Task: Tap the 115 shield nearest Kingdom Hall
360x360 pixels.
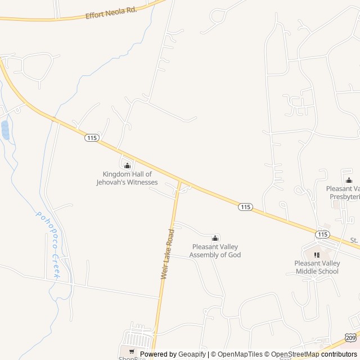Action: [92, 137]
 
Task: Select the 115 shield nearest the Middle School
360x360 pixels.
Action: [322, 234]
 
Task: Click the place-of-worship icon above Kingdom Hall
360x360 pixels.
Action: [127, 165]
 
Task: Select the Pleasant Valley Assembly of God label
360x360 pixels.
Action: [215, 251]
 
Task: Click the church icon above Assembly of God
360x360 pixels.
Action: [215, 238]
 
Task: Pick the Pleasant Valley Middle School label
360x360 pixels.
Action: [317, 267]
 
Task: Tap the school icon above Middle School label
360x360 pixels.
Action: [317, 255]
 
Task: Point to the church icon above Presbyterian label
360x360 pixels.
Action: [349, 181]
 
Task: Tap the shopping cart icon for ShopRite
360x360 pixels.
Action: [132, 351]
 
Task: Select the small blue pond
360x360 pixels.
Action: [6, 130]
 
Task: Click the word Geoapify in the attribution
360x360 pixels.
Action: [192, 354]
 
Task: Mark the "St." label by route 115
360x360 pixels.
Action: [354, 240]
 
